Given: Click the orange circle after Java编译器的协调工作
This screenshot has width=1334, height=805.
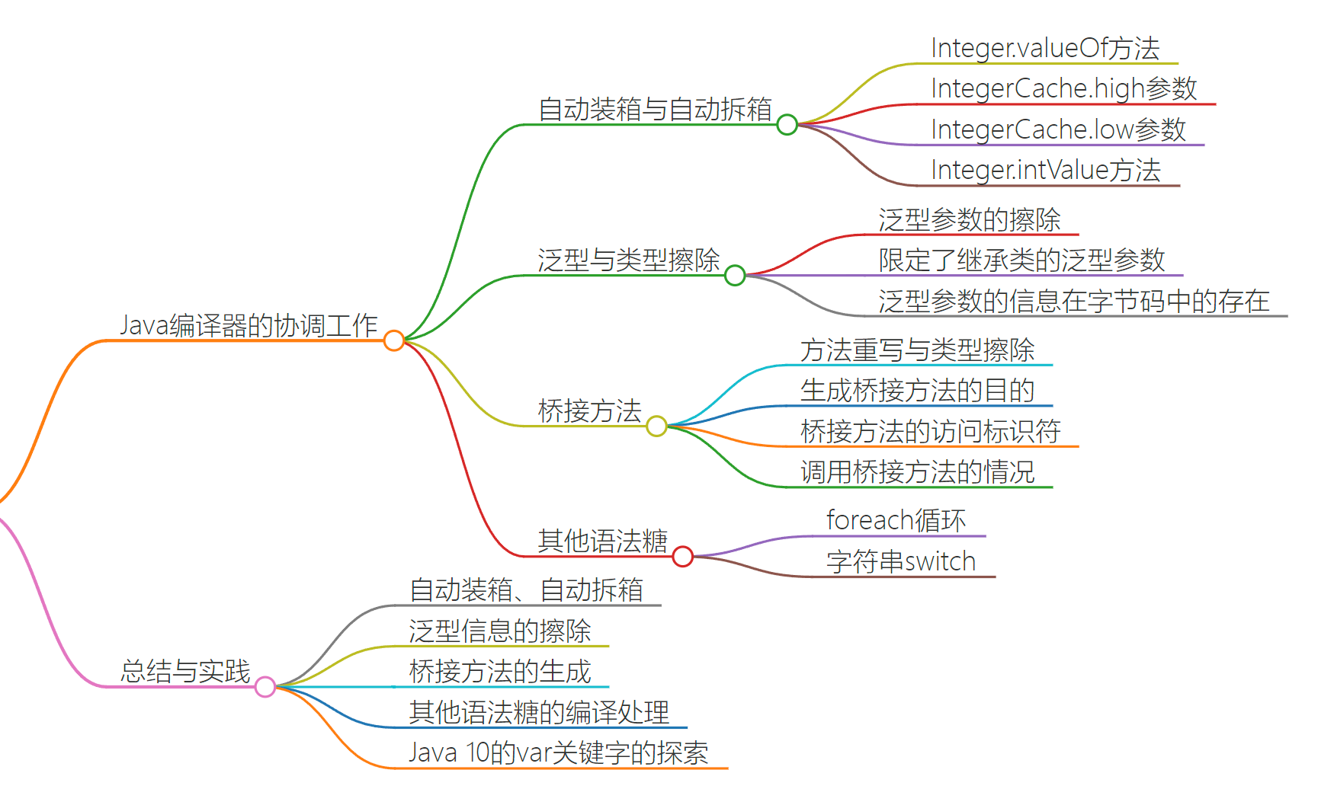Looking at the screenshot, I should point(394,340).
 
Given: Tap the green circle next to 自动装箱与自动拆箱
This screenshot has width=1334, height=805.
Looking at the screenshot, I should point(787,124).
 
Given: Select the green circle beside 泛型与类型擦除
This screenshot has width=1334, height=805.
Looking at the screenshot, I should point(735,275).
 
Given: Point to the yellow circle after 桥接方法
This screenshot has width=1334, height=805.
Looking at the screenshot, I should point(656,426).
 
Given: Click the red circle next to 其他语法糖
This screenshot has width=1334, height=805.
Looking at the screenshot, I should point(683,557).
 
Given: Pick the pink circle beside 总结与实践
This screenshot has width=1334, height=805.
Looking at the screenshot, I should point(265,687).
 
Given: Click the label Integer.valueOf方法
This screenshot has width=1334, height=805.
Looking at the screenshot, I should point(1045,48).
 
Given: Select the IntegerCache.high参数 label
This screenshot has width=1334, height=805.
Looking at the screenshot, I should point(1063,88).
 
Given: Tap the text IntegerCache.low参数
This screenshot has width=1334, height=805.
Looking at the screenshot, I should point(1058,129).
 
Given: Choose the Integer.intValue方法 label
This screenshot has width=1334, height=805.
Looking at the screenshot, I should point(1045,170).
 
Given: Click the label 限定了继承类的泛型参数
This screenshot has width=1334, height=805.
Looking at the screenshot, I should point(1021,260).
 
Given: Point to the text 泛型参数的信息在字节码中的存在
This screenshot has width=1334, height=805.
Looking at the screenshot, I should point(1073,301).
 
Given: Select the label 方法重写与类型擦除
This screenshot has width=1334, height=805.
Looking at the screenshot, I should point(917,350).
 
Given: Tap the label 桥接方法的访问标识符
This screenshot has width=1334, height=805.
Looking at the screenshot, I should point(930,431).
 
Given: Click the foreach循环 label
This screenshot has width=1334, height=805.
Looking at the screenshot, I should point(896,520).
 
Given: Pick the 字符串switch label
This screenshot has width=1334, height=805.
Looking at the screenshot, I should point(901,561).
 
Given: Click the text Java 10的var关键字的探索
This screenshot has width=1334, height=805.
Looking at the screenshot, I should point(558,752).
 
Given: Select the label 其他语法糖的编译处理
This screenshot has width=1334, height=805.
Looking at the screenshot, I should point(539,712).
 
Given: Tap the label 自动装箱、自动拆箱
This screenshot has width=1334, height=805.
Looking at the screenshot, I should point(526,589).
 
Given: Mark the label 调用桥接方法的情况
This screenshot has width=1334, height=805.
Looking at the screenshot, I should point(917,472).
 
